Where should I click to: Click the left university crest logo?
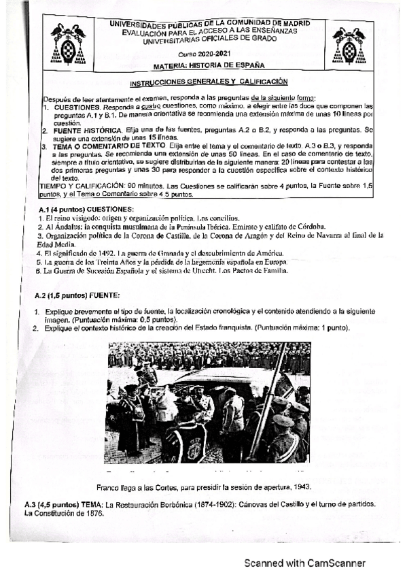pos(68,46)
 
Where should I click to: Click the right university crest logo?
pos(349,46)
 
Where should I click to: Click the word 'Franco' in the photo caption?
pos(109,487)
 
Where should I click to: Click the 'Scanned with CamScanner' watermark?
pos(305,563)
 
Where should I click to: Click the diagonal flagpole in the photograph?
pos(268,401)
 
